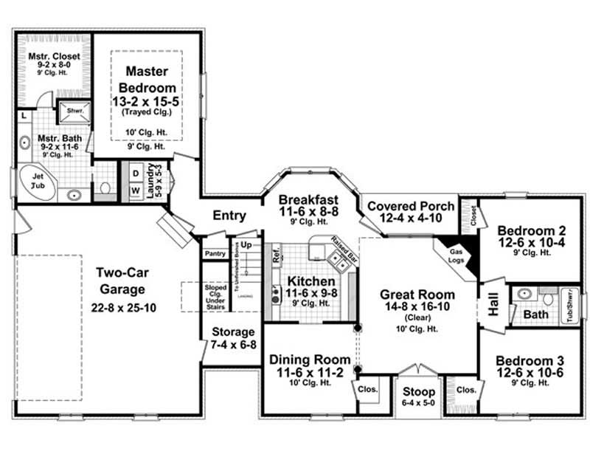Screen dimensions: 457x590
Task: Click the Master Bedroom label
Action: (146, 80)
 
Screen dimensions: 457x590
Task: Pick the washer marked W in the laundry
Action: (135, 190)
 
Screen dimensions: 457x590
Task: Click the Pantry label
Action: (215, 253)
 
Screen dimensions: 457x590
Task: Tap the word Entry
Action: (229, 216)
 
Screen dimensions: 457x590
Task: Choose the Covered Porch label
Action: (410, 206)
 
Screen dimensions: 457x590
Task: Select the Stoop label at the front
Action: (417, 392)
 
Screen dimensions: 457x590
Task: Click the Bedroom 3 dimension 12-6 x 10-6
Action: (530, 373)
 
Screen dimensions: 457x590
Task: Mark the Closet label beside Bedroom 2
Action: (472, 216)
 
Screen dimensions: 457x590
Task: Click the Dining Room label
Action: (309, 359)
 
